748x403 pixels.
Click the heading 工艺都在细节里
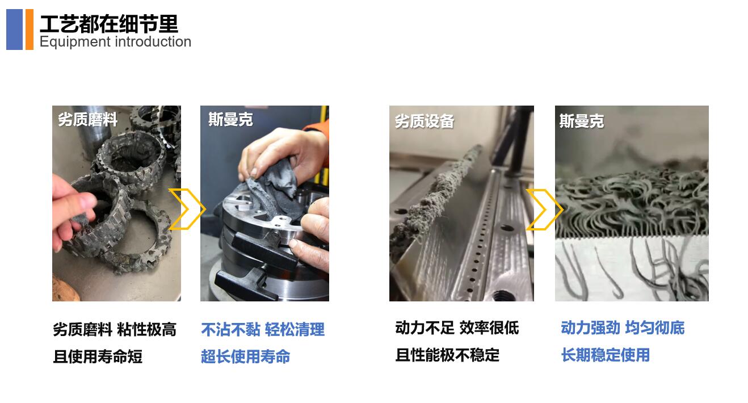[108, 23]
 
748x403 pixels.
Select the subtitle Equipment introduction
[115, 42]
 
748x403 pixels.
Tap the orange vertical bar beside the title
[30, 30]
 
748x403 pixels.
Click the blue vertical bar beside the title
[14, 30]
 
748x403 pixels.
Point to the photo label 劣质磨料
[87, 120]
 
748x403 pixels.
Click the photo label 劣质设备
[425, 121]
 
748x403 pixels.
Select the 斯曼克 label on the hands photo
[230, 120]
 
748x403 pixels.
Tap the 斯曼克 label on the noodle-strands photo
[581, 121]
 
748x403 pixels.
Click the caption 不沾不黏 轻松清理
[263, 330]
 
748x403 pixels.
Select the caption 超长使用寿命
[245, 356]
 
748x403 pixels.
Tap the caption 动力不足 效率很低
[457, 328]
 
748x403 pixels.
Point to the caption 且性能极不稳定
[447, 355]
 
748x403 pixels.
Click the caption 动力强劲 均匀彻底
[623, 328]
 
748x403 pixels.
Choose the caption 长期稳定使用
[605, 355]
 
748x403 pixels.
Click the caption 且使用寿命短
[98, 356]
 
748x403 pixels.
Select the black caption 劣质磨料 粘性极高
[115, 330]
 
